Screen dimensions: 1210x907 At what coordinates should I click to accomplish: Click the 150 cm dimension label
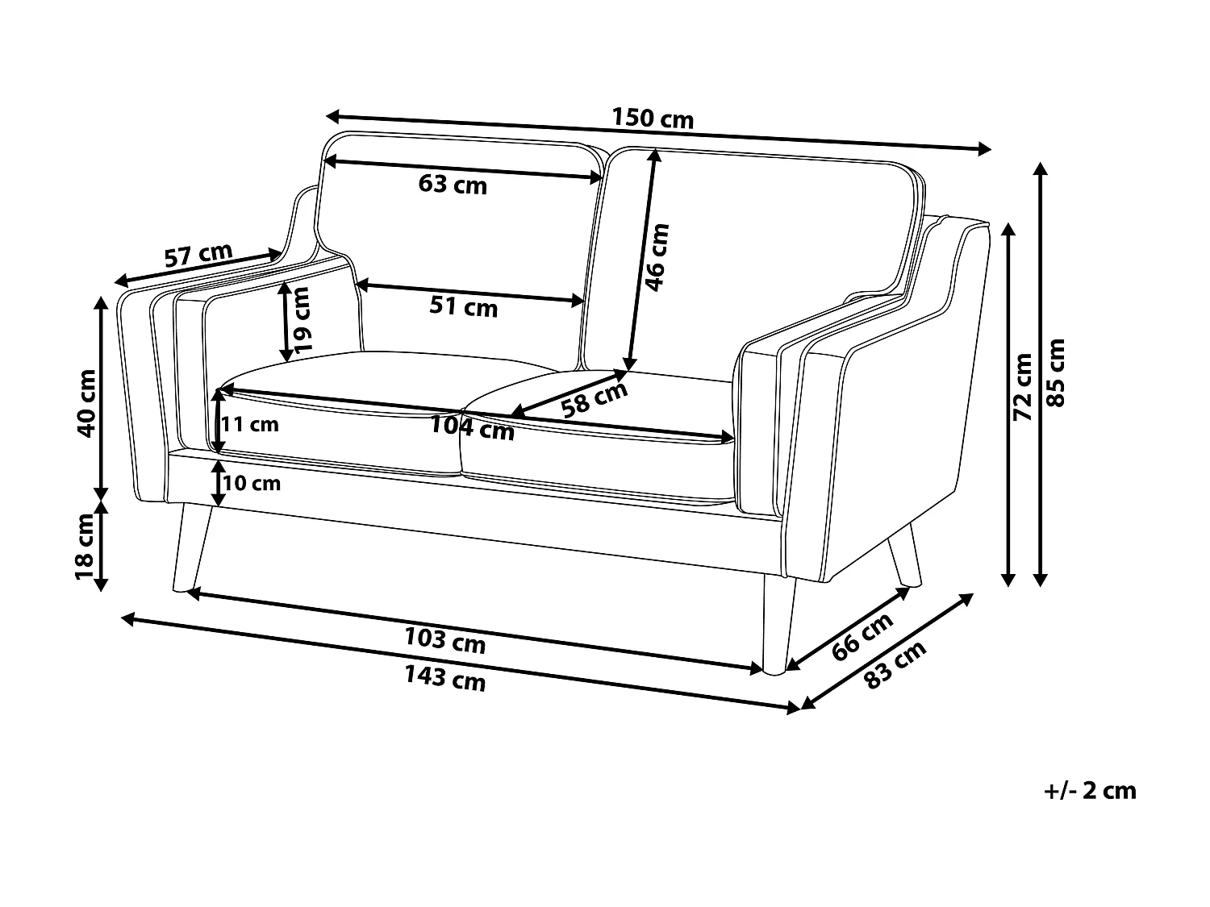tap(652, 119)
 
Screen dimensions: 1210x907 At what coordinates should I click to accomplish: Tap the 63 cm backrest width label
tap(453, 185)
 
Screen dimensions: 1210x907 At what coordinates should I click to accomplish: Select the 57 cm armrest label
tap(198, 256)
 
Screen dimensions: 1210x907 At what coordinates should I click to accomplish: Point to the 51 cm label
tap(463, 307)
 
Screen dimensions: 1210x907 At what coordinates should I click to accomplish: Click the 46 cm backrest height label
tap(657, 256)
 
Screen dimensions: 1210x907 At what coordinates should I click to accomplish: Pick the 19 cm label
tap(302, 319)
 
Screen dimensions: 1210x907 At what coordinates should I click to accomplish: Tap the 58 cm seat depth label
tap(595, 397)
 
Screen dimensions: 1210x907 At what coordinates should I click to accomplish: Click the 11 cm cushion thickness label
tap(251, 424)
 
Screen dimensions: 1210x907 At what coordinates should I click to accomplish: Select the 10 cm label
tap(252, 483)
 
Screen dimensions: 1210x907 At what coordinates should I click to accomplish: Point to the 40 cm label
tap(86, 401)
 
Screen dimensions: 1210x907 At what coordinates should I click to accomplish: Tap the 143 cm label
tap(444, 679)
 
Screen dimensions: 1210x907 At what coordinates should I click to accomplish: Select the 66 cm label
tap(863, 636)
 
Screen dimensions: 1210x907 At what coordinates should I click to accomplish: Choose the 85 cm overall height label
tap(1055, 372)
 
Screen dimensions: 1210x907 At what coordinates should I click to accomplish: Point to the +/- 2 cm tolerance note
tap(1090, 791)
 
